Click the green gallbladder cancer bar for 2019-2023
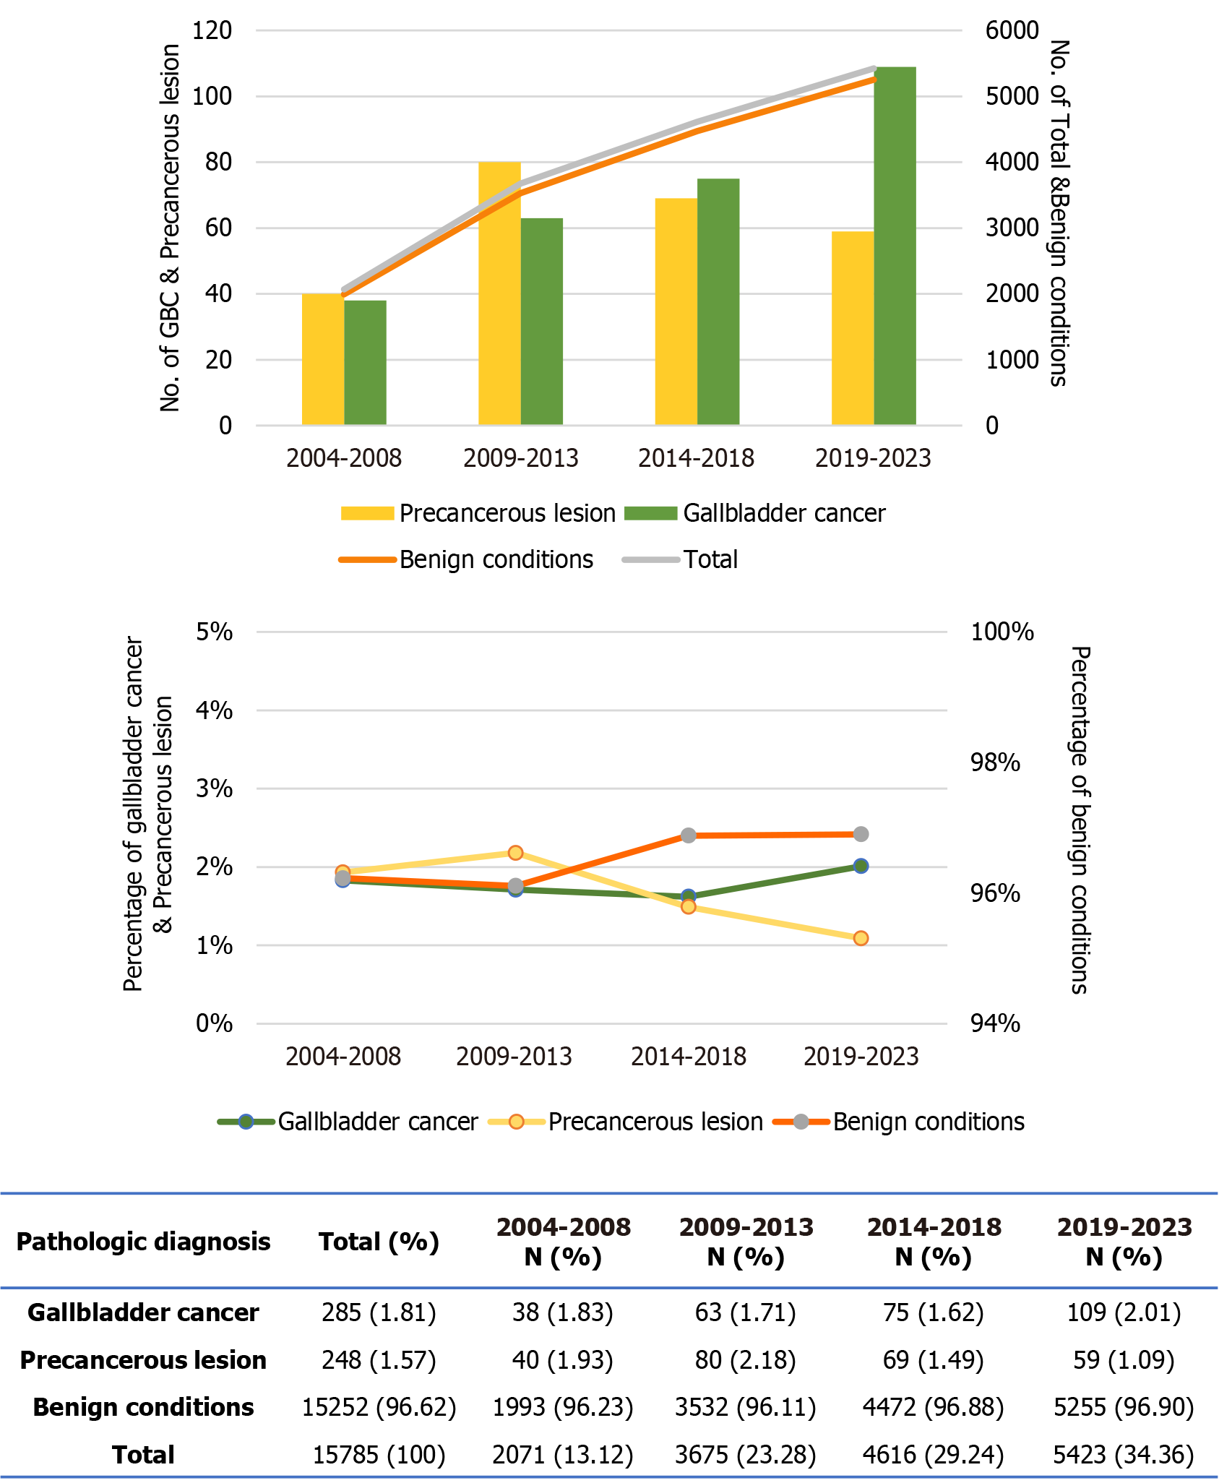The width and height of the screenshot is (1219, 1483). coord(895,246)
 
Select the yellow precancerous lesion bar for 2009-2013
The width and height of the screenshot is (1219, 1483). coord(499,293)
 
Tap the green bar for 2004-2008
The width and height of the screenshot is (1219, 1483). coord(365,362)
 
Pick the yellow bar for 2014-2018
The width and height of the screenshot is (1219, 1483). coord(676,311)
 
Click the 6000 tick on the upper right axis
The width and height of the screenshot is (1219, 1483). coord(1012,30)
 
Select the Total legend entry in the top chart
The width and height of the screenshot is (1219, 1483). coord(710,559)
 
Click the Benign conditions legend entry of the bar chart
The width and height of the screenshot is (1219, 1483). coord(496,559)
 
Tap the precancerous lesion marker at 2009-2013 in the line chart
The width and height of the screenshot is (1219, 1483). coord(515,853)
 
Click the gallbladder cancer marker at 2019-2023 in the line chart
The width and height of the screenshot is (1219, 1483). coord(861,866)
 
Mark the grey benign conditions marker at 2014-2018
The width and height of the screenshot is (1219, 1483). coord(689,835)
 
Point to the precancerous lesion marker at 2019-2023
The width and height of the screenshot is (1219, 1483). coord(861,938)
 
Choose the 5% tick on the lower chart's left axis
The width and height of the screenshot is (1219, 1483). coord(214,632)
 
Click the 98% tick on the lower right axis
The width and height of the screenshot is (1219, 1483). coord(995,762)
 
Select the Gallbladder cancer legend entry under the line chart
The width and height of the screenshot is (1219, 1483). coord(377,1122)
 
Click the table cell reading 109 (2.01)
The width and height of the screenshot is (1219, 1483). coord(1124,1312)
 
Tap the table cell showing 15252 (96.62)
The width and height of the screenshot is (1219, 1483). coord(379,1407)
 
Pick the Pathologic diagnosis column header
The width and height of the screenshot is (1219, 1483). coord(143,1242)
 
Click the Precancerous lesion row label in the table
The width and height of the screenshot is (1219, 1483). coord(143,1360)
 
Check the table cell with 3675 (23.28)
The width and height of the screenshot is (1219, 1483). coord(746,1455)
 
